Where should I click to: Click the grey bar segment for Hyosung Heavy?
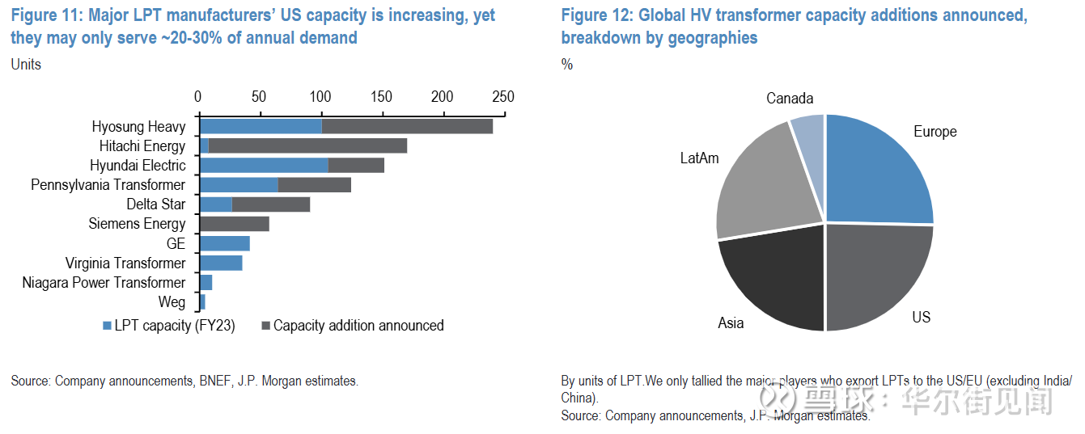(407, 126)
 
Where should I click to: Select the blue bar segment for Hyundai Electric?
(264, 165)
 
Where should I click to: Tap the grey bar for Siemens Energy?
(235, 224)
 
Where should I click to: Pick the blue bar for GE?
(225, 243)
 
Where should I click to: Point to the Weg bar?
(202, 301)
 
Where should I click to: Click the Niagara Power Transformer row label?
(104, 283)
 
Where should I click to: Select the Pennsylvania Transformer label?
(108, 185)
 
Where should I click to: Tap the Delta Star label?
(155, 204)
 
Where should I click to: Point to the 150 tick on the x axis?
(381, 97)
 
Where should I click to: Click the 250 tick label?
(503, 97)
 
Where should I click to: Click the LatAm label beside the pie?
(699, 158)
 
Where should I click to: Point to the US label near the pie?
(922, 318)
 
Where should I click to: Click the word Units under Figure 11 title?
(26, 65)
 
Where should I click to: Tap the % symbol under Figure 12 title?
(567, 65)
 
